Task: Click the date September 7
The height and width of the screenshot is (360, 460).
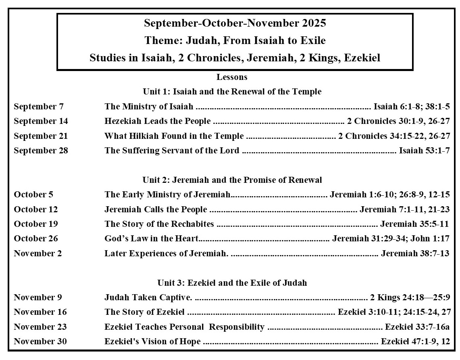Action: (39, 107)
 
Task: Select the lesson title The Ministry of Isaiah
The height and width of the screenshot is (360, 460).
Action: (149, 107)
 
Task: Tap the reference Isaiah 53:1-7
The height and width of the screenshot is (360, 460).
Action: (424, 151)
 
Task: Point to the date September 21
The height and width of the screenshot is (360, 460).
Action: (41, 136)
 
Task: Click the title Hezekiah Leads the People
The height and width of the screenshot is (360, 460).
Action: (157, 121)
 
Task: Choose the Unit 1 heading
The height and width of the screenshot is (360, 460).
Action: (232, 92)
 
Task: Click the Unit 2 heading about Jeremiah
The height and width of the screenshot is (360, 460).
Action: (232, 180)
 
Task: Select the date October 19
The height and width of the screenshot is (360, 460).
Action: (36, 224)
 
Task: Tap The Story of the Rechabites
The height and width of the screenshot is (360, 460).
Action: (159, 224)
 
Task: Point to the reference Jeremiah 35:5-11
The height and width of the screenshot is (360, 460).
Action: (414, 224)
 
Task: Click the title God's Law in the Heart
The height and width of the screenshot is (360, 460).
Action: (151, 239)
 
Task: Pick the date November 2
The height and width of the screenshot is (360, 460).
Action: (38, 253)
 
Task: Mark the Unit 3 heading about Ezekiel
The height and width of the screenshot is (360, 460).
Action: (232, 283)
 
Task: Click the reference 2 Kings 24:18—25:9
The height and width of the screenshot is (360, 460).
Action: (410, 297)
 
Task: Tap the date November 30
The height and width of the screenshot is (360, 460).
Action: (40, 341)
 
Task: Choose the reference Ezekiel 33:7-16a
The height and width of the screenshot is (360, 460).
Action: (417, 327)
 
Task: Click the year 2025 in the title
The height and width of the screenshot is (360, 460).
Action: (314, 23)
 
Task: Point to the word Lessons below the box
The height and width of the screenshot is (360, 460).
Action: (232, 77)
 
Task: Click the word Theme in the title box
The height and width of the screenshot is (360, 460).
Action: (158, 40)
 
